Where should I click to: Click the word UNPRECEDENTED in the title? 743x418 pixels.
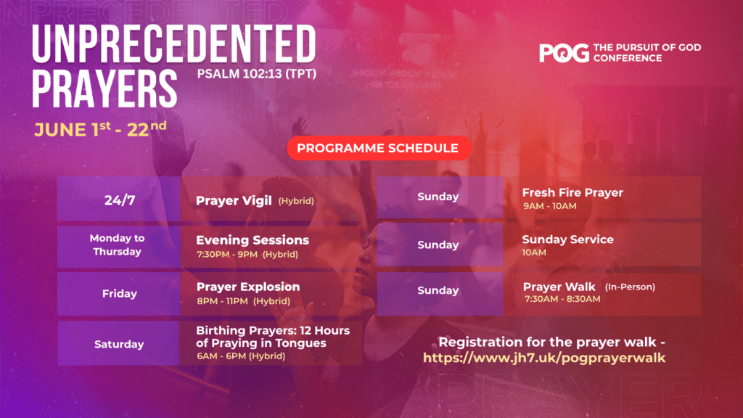[x=174, y=44]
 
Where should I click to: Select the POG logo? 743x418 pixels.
[x=564, y=52]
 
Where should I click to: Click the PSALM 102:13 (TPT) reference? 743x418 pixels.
[x=257, y=74]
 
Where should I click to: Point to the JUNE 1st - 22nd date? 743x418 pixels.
[x=100, y=129]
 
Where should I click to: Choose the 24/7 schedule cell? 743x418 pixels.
[x=119, y=200]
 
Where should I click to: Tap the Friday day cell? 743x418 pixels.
[x=119, y=294]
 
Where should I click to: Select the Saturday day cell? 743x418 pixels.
[x=118, y=343]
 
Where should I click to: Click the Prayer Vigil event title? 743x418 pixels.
[x=234, y=200]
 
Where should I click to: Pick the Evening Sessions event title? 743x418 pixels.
[x=253, y=239]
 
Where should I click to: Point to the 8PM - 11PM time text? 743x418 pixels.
[x=222, y=301]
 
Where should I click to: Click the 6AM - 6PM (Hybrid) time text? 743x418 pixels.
[x=241, y=356]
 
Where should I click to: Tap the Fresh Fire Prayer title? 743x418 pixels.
[x=572, y=192]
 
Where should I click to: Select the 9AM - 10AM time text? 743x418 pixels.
[x=550, y=206]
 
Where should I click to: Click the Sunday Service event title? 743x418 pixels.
[x=567, y=239]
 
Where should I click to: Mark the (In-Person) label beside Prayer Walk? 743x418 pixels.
[x=630, y=287]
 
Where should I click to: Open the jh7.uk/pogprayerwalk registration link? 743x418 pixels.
[x=544, y=358]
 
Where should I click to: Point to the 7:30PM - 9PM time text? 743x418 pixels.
[x=227, y=254]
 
